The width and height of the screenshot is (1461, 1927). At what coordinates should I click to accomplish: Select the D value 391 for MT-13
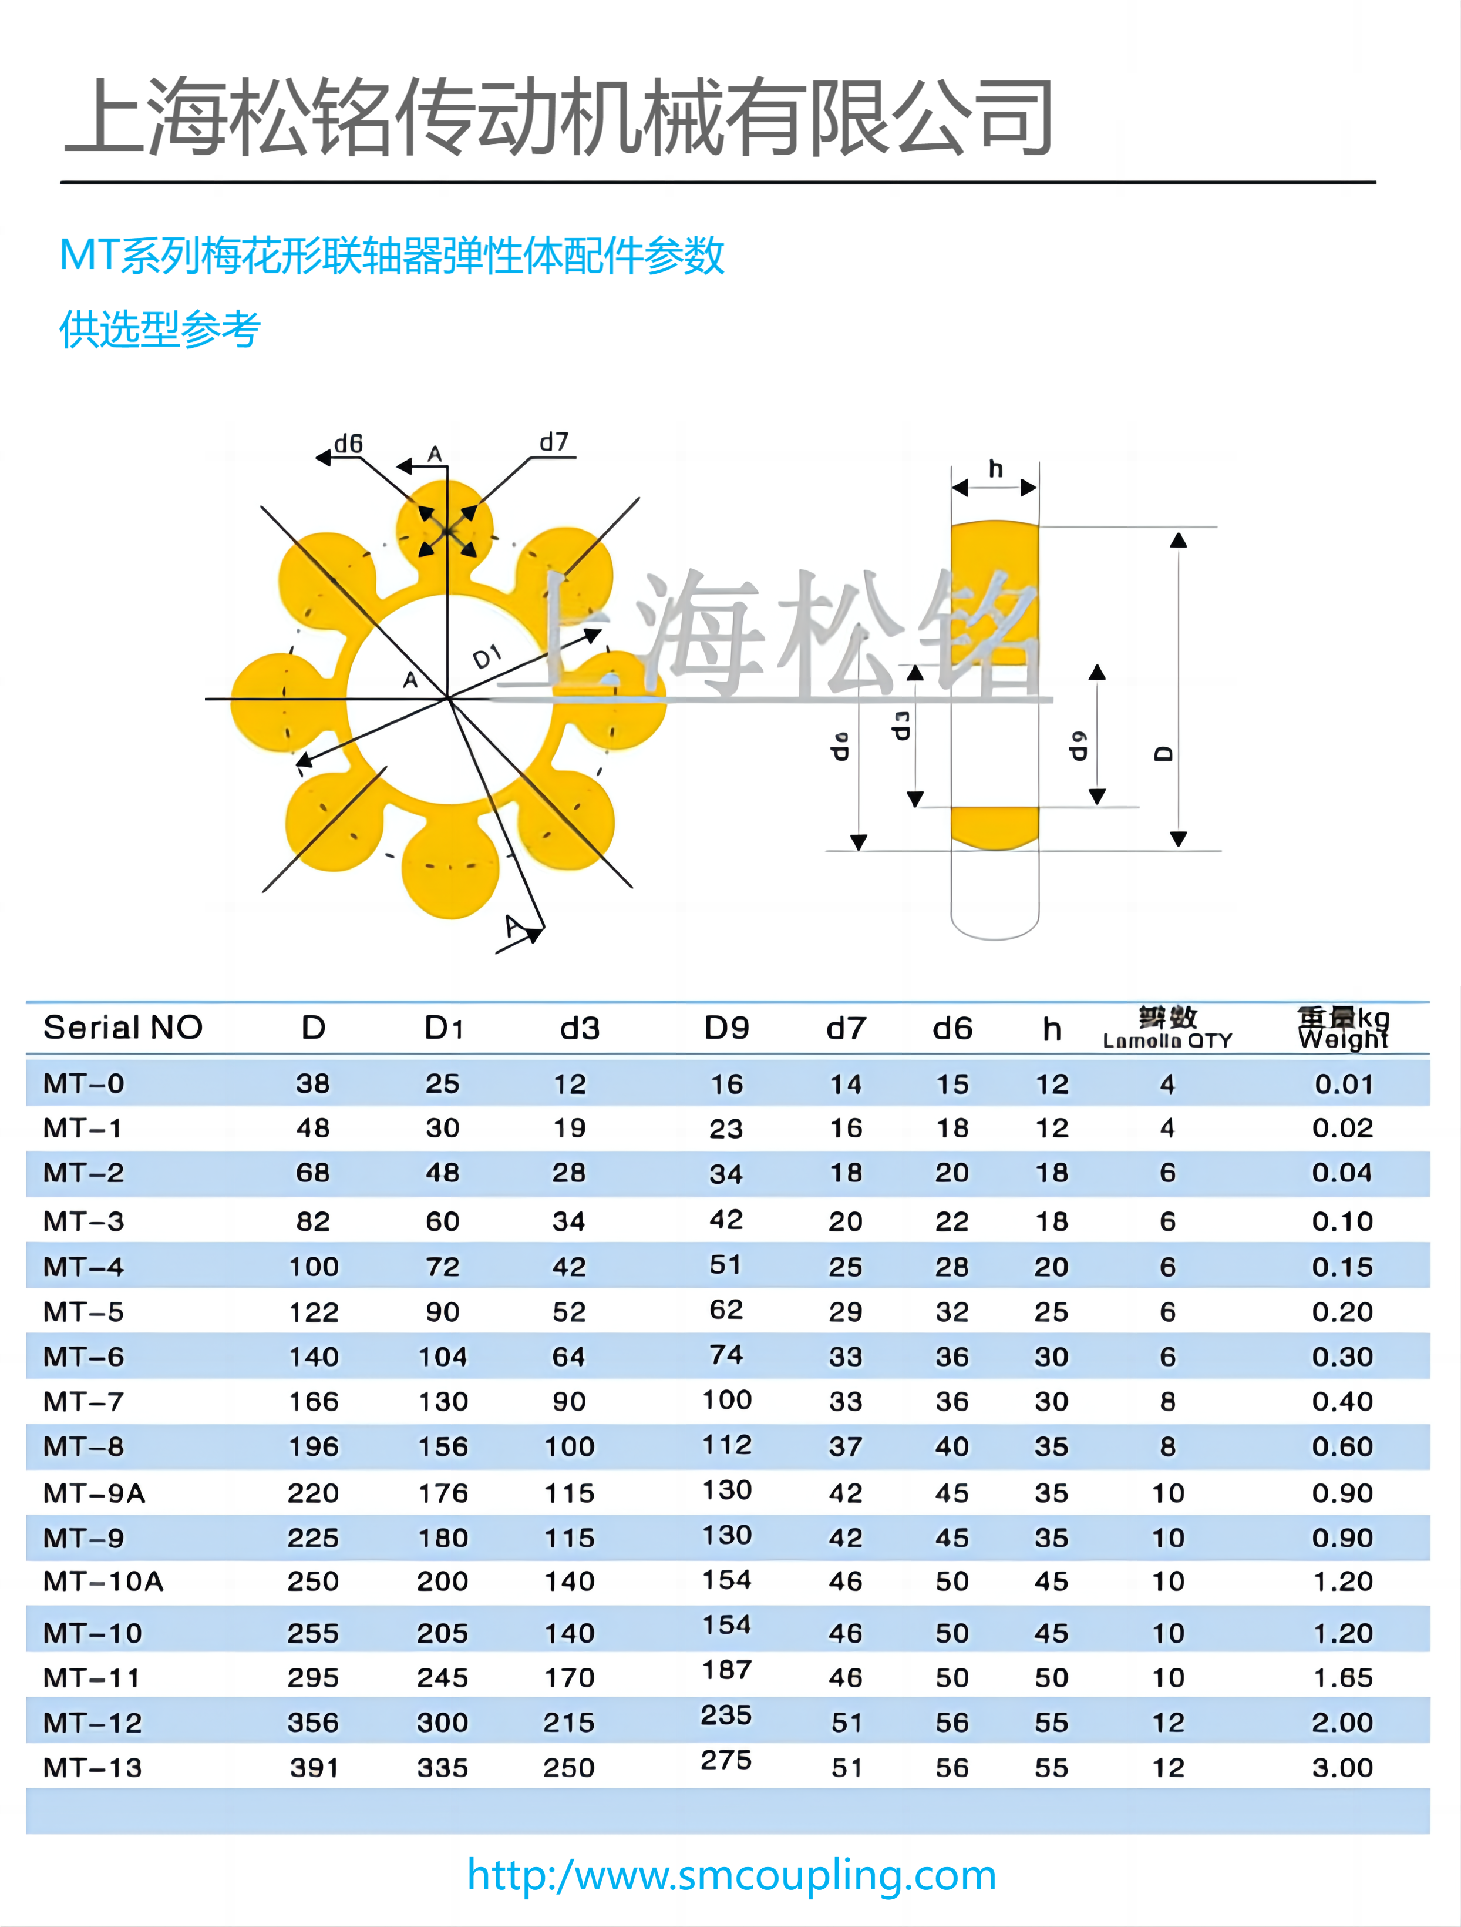coord(314,1768)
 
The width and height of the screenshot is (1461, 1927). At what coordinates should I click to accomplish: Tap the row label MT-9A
coord(94,1493)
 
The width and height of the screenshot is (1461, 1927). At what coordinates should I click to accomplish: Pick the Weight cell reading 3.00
coord(1342,1768)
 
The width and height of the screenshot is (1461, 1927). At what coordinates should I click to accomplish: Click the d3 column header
coord(580,1029)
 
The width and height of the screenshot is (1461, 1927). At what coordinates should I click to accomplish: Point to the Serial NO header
coord(123,1028)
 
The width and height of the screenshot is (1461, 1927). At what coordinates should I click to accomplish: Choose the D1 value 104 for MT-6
coord(442,1357)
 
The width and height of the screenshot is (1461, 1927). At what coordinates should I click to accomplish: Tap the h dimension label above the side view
coord(995,469)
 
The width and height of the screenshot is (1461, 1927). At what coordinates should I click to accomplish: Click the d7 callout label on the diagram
coord(554,442)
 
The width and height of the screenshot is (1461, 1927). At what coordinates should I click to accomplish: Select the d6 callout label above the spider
coord(348,444)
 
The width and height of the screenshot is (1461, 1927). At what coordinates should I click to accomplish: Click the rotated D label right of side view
coord(1163,754)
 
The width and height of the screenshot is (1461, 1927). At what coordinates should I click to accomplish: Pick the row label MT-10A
coord(103,1581)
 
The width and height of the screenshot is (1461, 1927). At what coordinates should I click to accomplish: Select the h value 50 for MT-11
coord(1051,1678)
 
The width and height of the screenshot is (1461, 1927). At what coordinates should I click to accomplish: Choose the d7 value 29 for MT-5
coord(844,1312)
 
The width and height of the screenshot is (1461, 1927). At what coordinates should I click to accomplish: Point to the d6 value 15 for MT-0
coord(952,1084)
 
